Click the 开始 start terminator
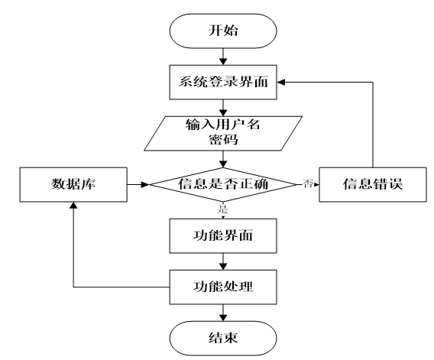click(222, 31)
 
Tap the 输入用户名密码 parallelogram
click(222, 131)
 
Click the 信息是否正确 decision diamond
click(222, 184)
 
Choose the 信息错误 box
click(371, 184)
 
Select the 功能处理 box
click(222, 287)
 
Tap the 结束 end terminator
click(222, 336)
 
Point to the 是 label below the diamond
click(222, 208)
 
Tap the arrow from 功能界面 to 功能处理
click(222, 262)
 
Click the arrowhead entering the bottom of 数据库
click(73, 206)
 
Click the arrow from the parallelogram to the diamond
click(222, 158)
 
